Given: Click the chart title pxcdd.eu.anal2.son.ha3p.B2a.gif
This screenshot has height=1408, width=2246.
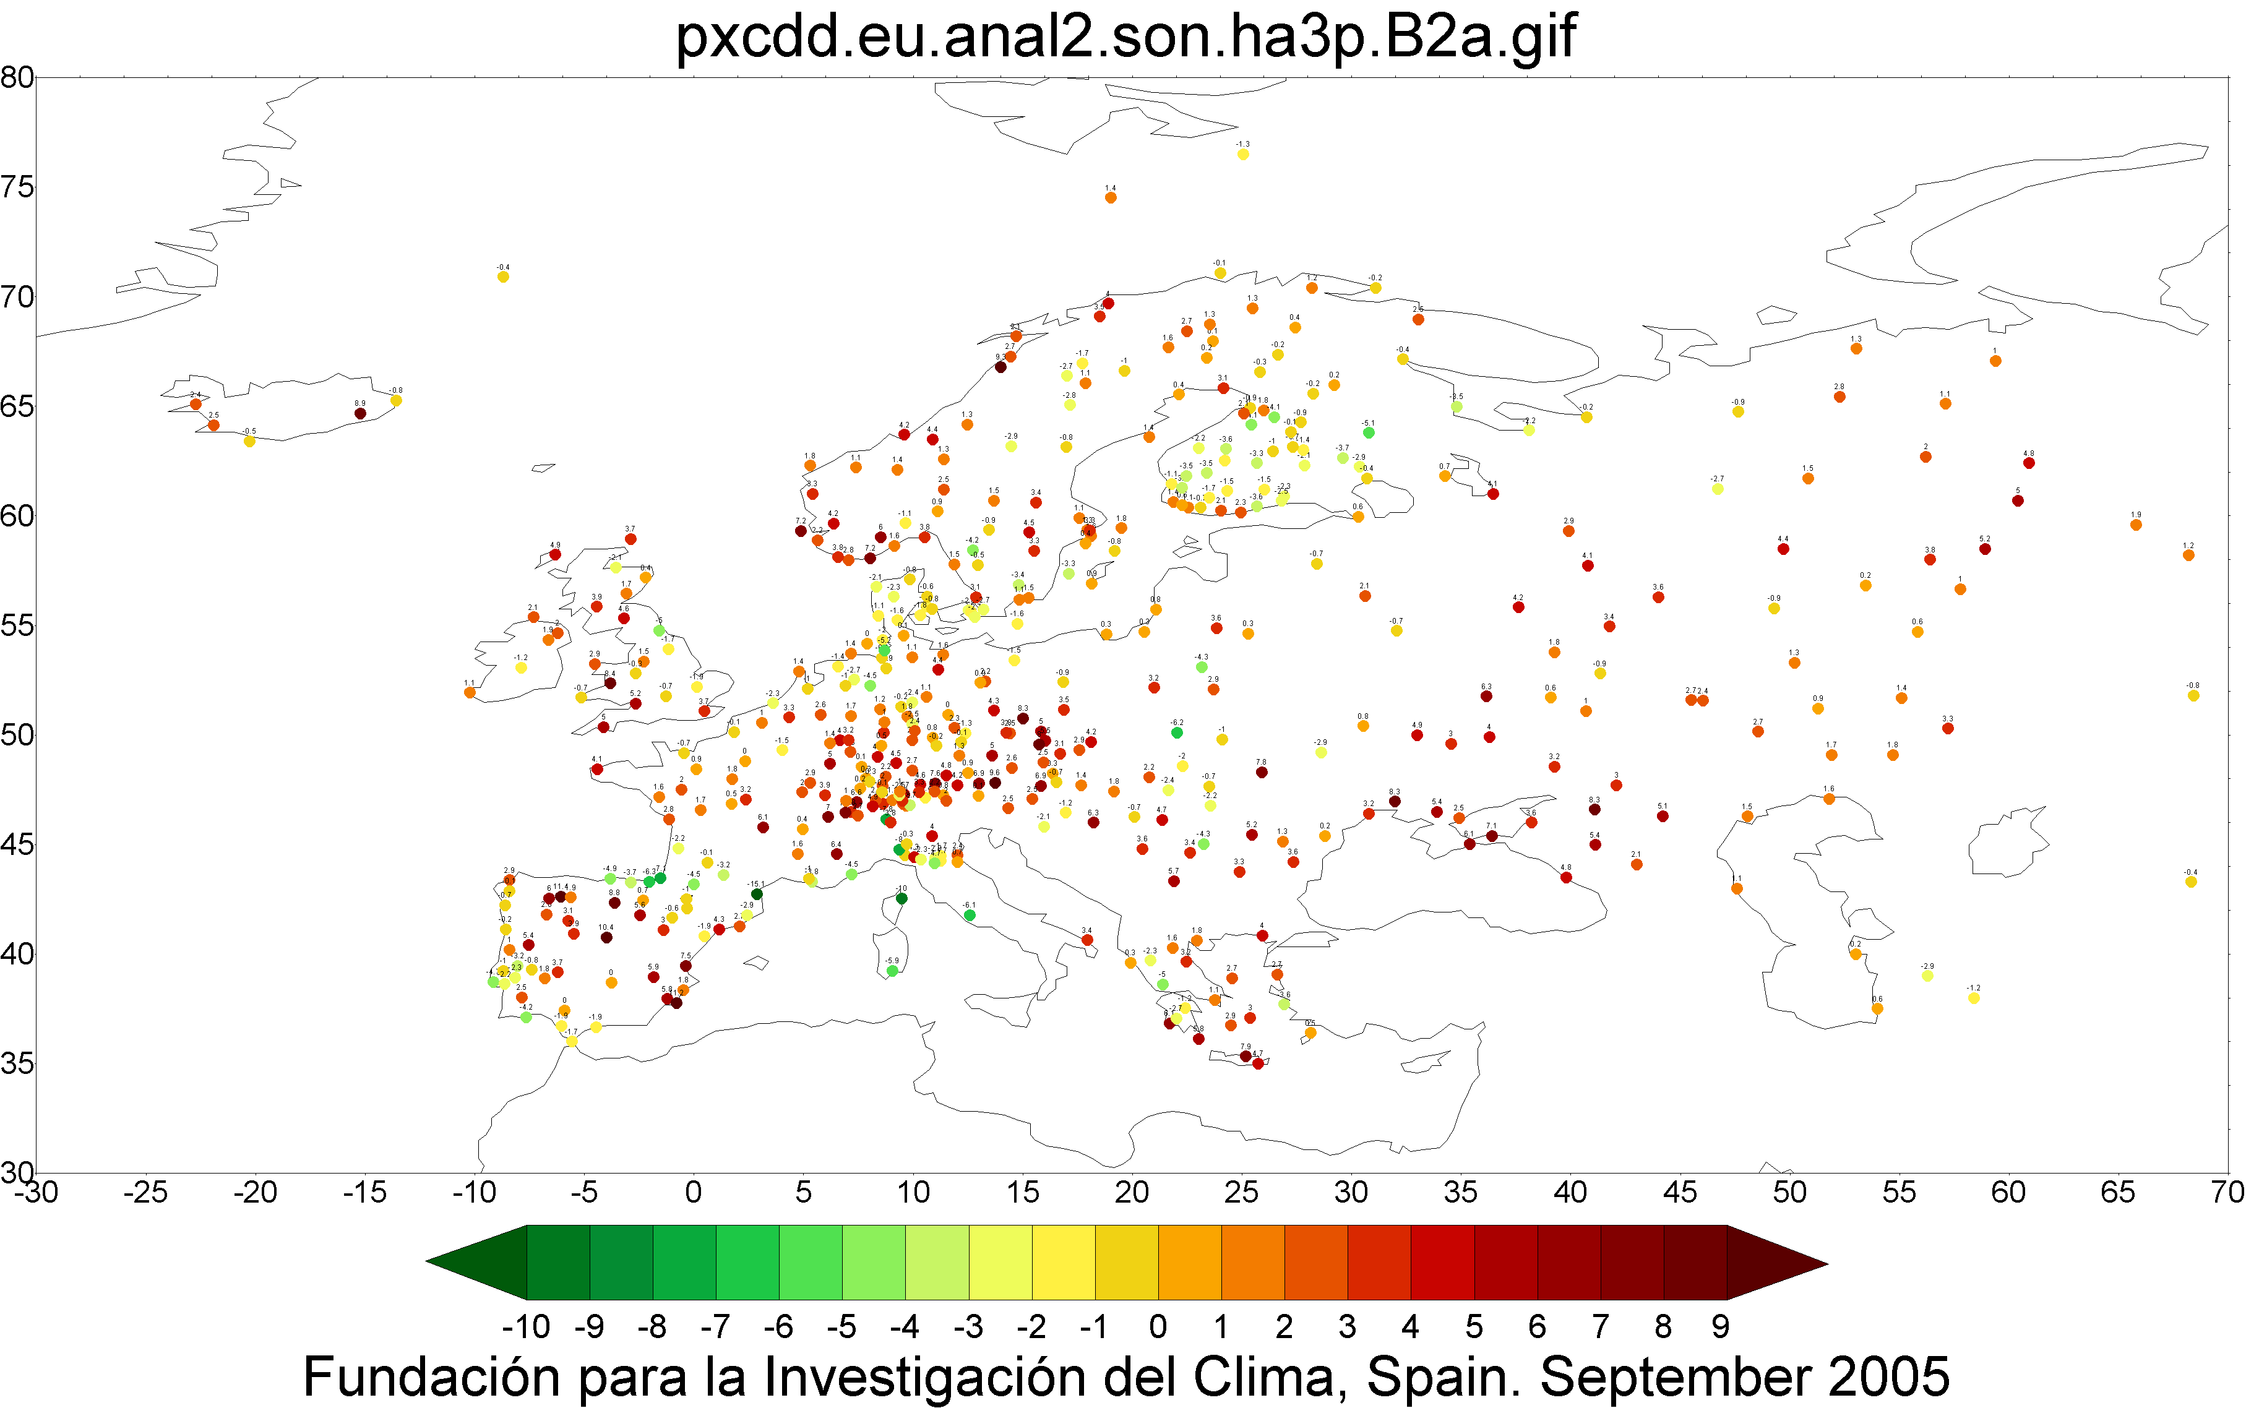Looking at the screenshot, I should tap(1125, 37).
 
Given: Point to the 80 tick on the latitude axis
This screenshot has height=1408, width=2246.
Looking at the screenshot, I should tap(17, 77).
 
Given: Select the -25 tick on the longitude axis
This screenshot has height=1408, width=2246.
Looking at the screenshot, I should tap(145, 1193).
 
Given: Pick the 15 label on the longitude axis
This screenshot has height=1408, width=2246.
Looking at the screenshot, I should tap(1022, 1193).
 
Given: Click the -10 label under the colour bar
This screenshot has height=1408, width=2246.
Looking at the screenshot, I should tap(526, 1326).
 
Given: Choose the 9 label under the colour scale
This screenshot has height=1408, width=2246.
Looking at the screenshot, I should tap(1720, 1326).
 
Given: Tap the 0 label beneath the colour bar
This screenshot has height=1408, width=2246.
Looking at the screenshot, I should tap(1158, 1326).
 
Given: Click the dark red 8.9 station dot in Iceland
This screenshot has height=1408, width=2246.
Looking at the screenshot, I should tap(360, 413).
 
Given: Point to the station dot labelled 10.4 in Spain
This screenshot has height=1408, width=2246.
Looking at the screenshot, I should tap(606, 938).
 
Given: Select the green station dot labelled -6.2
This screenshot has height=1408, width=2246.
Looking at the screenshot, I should tap(1177, 733).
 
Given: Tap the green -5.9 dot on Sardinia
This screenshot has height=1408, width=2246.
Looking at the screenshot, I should tap(892, 971).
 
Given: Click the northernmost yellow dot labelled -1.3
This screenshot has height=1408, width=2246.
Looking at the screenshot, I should tap(1243, 155).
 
